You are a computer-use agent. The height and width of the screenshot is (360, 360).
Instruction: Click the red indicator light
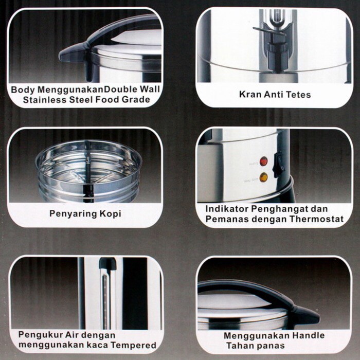pyautogui.click(x=263, y=161)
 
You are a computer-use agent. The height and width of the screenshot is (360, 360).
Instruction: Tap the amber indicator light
pyautogui.click(x=263, y=177)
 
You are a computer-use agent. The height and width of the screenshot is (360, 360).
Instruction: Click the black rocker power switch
pyautogui.click(x=278, y=165)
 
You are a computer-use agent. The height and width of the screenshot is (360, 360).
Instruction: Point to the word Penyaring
pyautogui.click(x=73, y=214)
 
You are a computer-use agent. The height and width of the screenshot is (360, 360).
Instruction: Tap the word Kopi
pyautogui.click(x=110, y=214)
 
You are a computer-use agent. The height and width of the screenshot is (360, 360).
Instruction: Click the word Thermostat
pyautogui.click(x=316, y=219)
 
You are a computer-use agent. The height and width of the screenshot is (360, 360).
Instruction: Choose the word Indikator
pyautogui.click(x=227, y=209)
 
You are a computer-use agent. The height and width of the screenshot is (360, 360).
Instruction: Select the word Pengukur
pyautogui.click(x=40, y=335)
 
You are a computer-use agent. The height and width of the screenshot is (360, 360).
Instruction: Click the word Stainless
pyautogui.click(x=45, y=100)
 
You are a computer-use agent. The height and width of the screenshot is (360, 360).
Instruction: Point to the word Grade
pyautogui.click(x=136, y=100)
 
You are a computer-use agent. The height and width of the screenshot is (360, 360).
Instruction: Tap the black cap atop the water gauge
pyautogui.click(x=107, y=263)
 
